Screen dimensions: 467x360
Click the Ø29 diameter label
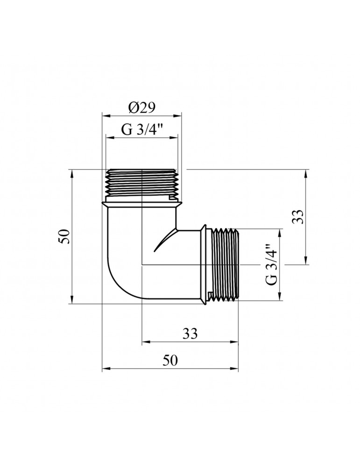point(141,108)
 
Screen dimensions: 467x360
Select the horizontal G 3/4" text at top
point(141,130)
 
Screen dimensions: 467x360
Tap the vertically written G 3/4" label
point(271,264)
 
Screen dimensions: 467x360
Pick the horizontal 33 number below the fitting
point(190,334)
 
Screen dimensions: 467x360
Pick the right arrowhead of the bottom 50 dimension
point(236,368)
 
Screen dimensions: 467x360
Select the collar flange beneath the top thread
point(141,202)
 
